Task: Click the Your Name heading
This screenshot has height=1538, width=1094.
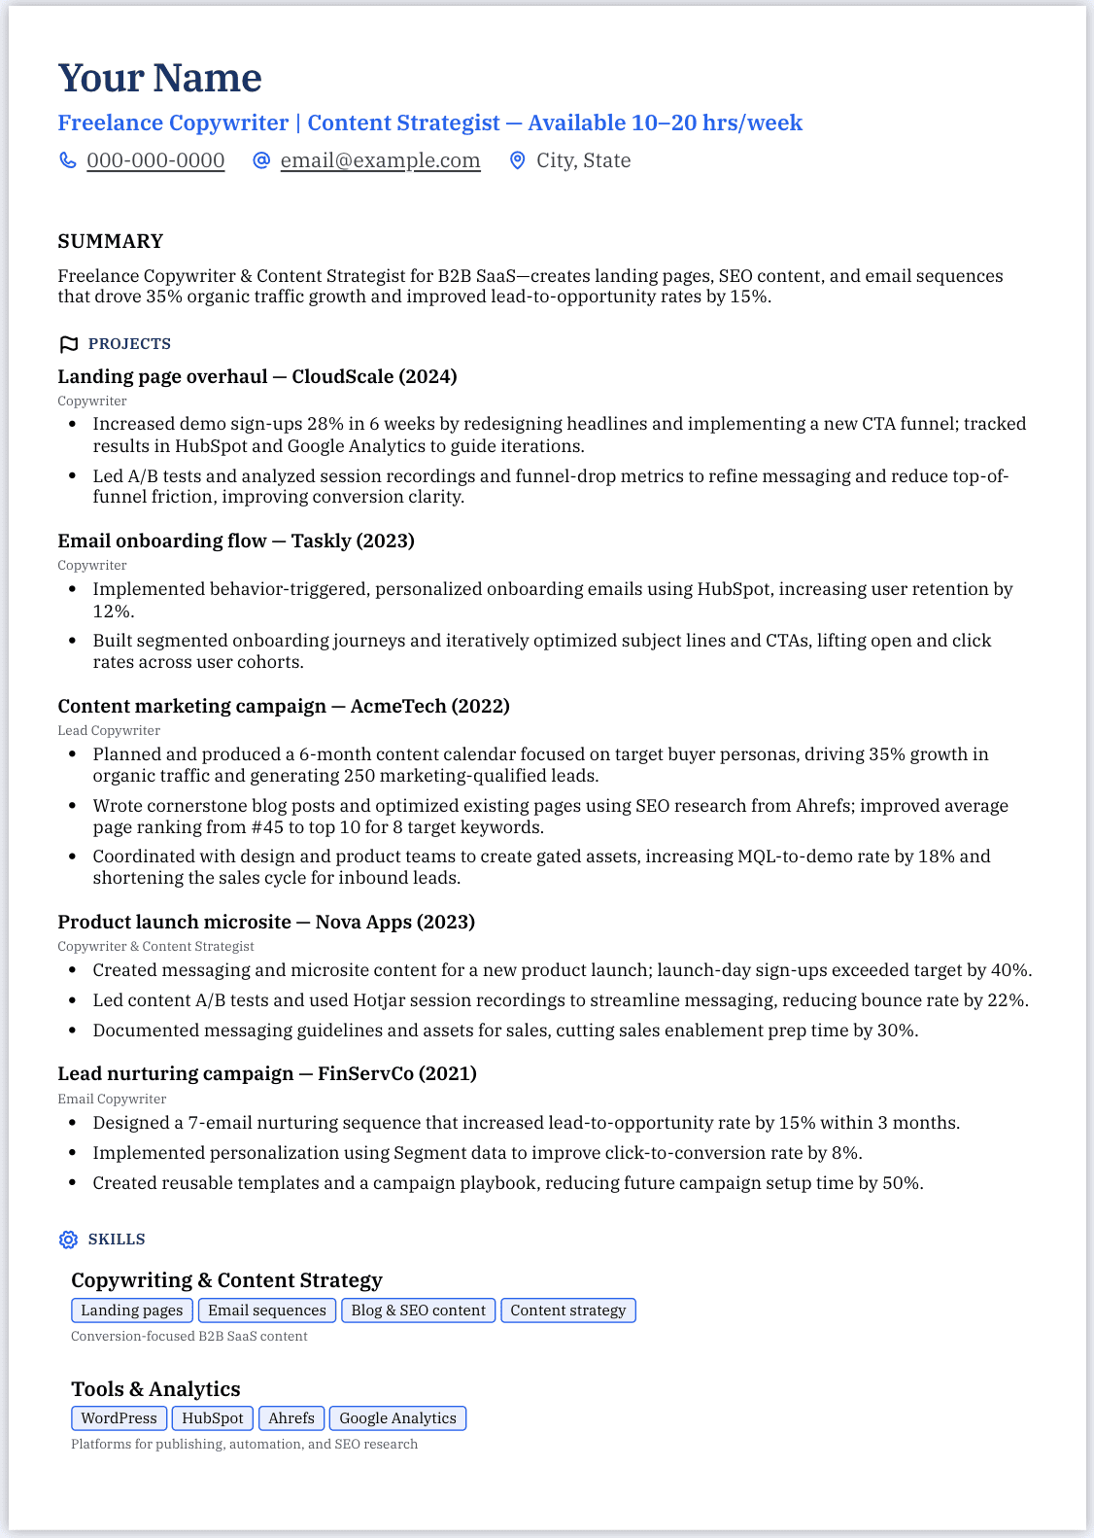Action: (159, 78)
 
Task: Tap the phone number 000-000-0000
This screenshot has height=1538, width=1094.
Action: (155, 160)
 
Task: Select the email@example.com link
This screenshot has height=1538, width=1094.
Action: (380, 160)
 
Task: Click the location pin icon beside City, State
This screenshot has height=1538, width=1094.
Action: (518, 160)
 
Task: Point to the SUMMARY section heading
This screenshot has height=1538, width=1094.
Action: (110, 241)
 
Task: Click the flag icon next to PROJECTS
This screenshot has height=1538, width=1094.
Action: (68, 344)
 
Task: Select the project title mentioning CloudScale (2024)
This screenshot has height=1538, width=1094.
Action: (256, 376)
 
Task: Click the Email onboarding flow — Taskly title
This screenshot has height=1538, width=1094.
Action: (235, 541)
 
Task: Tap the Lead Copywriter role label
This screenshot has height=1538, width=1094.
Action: (109, 730)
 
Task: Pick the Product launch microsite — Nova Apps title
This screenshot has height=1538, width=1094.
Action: (265, 922)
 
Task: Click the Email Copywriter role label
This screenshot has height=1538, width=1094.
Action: (112, 1099)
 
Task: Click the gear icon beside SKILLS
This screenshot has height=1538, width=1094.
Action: (68, 1240)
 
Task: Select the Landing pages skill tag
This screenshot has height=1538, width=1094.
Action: (132, 1311)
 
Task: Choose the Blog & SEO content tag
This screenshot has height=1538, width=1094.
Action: (418, 1311)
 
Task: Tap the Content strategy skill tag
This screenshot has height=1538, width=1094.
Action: (568, 1311)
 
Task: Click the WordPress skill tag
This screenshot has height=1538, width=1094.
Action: (119, 1418)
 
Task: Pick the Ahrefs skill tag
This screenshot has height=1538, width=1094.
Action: (291, 1418)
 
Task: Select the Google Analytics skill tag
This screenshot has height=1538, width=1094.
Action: (397, 1418)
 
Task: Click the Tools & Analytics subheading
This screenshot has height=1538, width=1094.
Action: (155, 1388)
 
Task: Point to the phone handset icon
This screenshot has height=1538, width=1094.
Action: (68, 160)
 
